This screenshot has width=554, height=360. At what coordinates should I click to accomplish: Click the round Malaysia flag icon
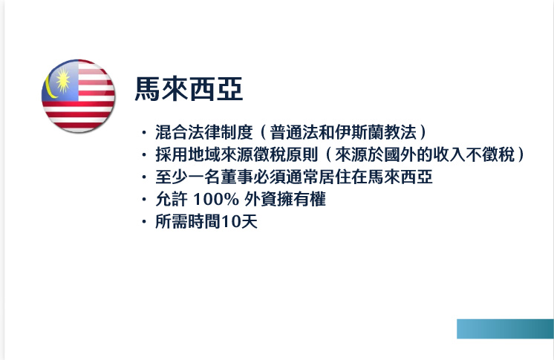(78, 95)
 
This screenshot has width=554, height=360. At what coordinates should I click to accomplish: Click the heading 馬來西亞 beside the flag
(189, 91)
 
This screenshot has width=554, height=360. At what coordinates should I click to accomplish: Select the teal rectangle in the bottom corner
(505, 329)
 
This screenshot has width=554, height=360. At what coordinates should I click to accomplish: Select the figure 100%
(215, 200)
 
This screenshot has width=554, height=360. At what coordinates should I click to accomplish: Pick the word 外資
(259, 200)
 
